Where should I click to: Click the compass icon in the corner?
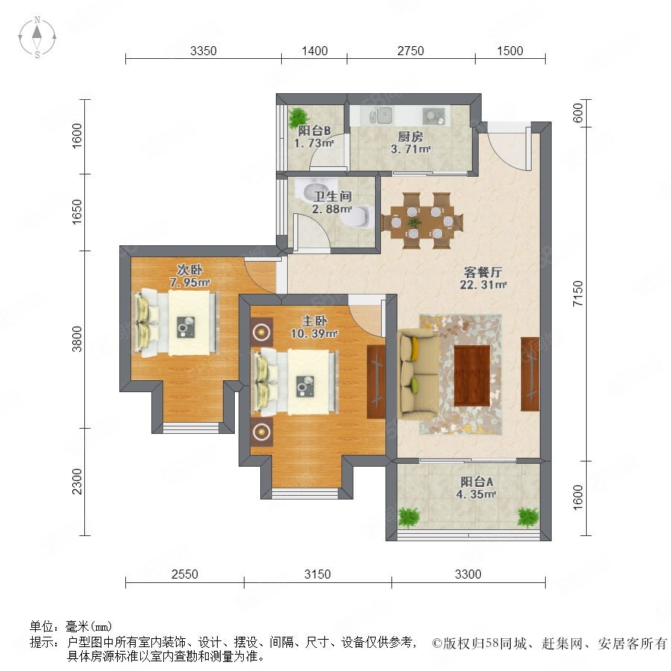[37, 37]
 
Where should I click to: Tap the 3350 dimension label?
[204, 51]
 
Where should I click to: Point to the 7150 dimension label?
[578, 293]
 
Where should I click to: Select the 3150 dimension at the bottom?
[318, 574]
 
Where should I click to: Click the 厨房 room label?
[410, 136]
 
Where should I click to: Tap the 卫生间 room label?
[333, 196]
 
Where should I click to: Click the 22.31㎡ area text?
[483, 285]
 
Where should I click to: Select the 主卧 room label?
[315, 321]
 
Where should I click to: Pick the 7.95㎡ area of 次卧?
[189, 283]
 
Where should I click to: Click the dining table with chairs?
[423, 221]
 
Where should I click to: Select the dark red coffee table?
[472, 376]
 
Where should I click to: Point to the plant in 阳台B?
[297, 117]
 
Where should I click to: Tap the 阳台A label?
[476, 482]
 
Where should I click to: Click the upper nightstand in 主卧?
[262, 332]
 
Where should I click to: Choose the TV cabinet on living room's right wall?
[530, 374]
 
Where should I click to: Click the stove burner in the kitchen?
[433, 116]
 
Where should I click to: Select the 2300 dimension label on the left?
[77, 482]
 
